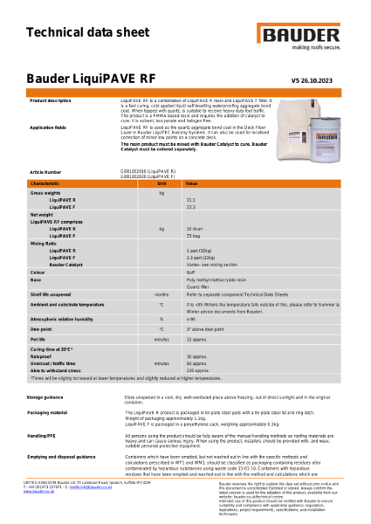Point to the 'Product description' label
51,101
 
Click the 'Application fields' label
48,127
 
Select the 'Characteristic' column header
45,183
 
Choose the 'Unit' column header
161,183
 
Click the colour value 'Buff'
190,272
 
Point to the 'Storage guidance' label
50,396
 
